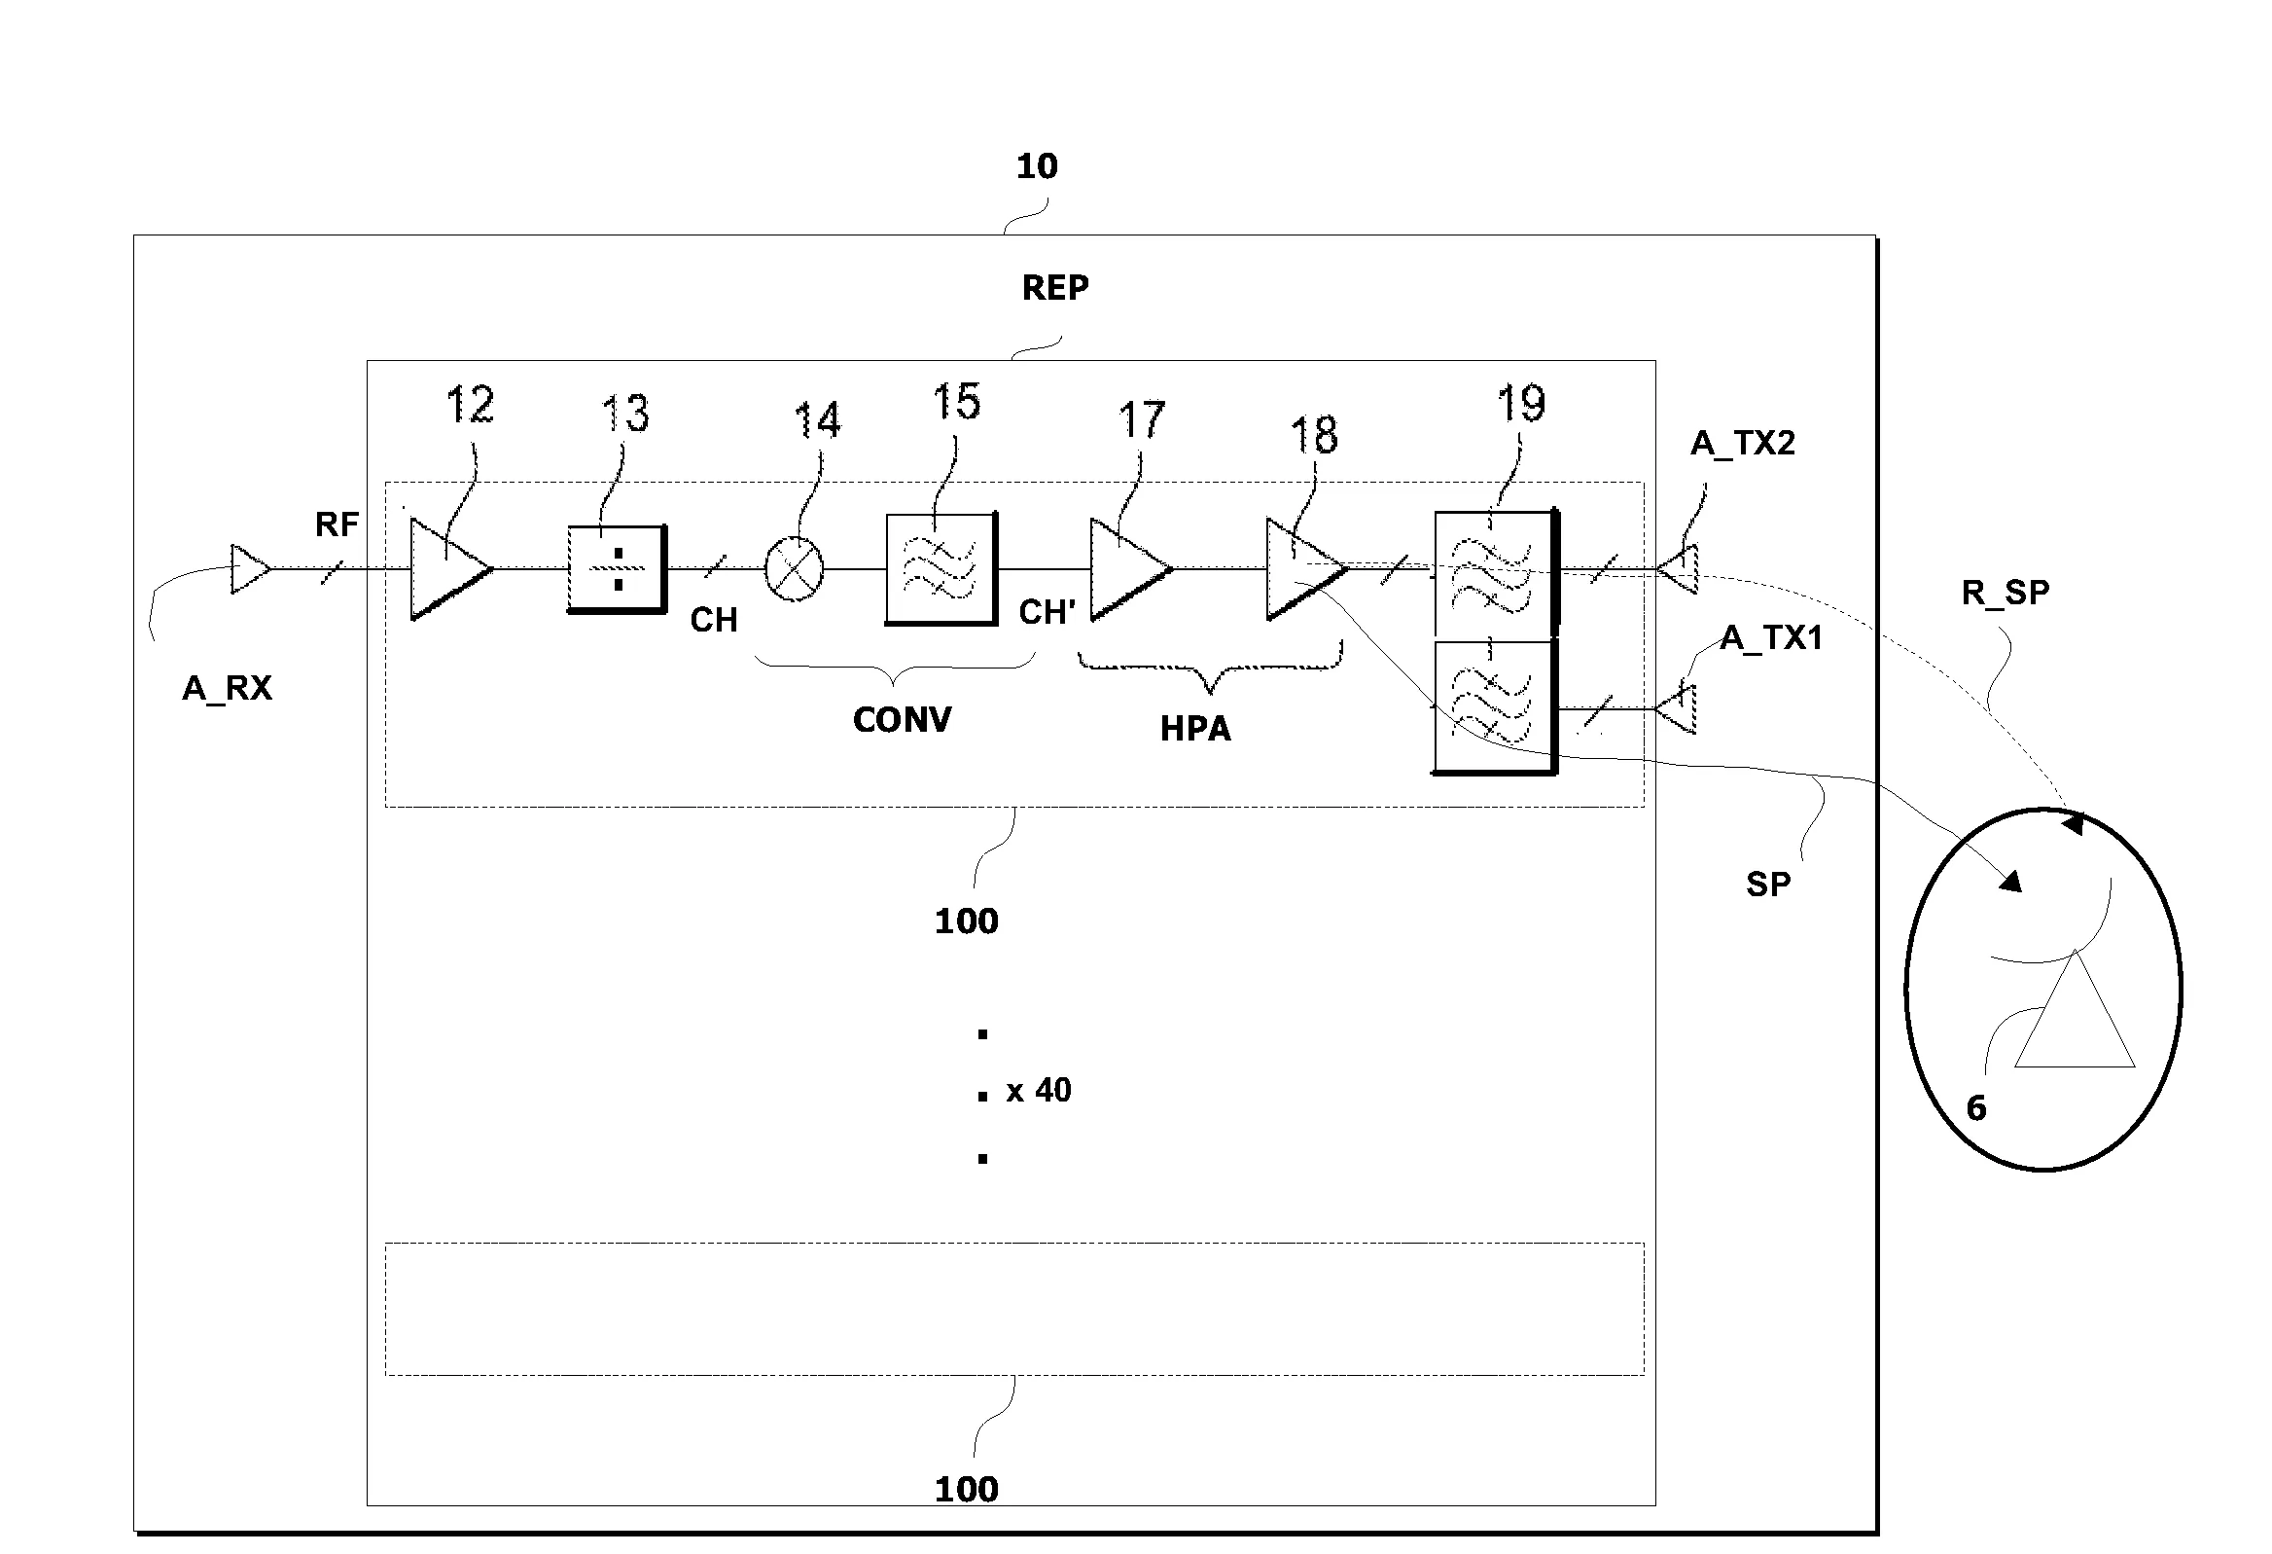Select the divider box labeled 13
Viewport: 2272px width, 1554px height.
tap(617, 569)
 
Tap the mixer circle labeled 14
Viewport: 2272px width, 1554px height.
tap(793, 569)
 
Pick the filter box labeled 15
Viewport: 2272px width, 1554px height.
tap(941, 569)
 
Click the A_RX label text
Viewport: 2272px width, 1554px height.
tap(227, 689)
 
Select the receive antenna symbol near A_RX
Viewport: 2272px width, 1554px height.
tap(248, 568)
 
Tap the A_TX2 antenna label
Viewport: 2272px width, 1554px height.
tap(1742, 443)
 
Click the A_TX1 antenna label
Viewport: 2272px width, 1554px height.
tap(1771, 637)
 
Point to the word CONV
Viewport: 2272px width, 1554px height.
tap(902, 720)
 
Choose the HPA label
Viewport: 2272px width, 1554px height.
tap(1194, 729)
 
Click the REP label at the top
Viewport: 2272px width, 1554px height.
tap(1055, 287)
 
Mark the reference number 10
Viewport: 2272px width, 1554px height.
tap(1036, 166)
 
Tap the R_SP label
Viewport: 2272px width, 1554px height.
tap(2006, 593)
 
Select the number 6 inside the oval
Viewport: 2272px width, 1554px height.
tap(1975, 1108)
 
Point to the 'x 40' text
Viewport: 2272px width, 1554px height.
tap(1038, 1091)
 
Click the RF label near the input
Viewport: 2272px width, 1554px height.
tap(337, 525)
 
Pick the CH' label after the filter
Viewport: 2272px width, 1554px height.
tap(1047, 612)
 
